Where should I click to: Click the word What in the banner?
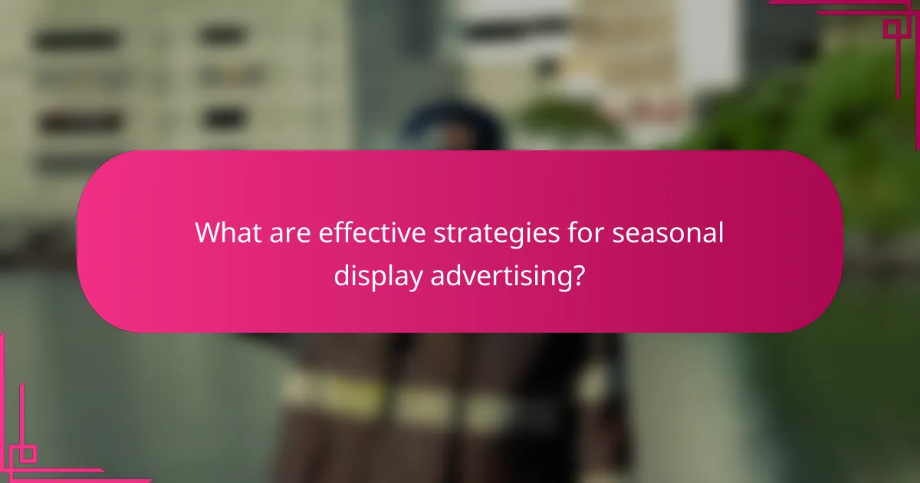point(224,232)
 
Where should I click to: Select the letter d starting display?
point(340,274)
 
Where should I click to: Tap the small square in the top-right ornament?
point(893,28)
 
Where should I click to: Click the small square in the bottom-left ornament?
point(28,453)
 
